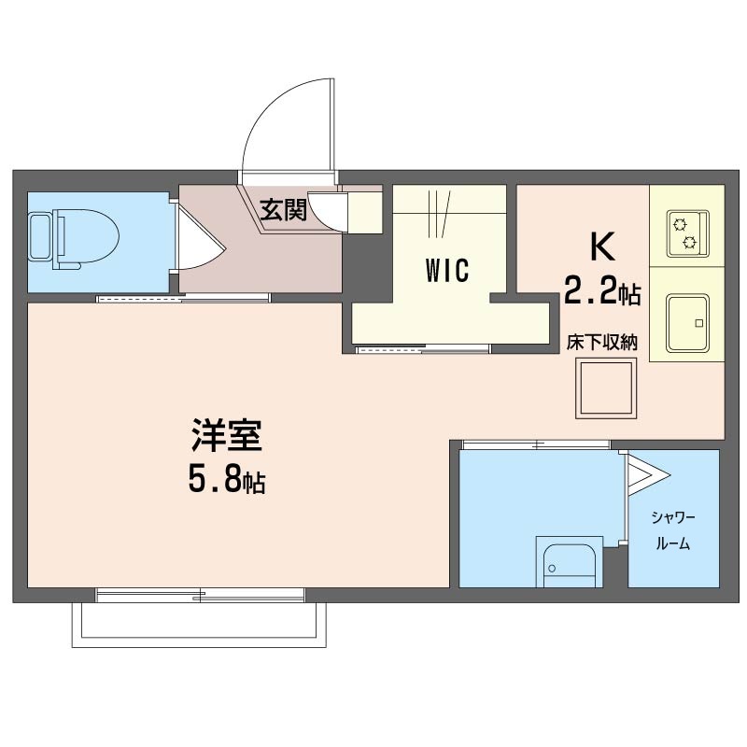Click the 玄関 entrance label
pyautogui.click(x=283, y=209)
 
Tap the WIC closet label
pyautogui.click(x=447, y=270)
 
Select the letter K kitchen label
pyautogui.click(x=602, y=247)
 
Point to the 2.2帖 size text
pyautogui.click(x=602, y=291)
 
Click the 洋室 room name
pyautogui.click(x=227, y=435)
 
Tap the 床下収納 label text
pyautogui.click(x=601, y=343)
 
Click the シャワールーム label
pyautogui.click(x=673, y=530)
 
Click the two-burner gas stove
pyautogui.click(x=687, y=233)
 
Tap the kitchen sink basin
pyautogui.click(x=687, y=323)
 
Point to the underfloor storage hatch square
pyautogui.click(x=606, y=388)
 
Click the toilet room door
pyautogui.click(x=198, y=235)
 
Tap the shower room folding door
pyautogui.click(x=646, y=474)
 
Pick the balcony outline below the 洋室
pyautogui.click(x=199, y=625)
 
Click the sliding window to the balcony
pyautogui.click(x=200, y=595)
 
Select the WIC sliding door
pyautogui.click(x=423, y=349)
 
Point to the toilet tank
pyautogui.click(x=41, y=237)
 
